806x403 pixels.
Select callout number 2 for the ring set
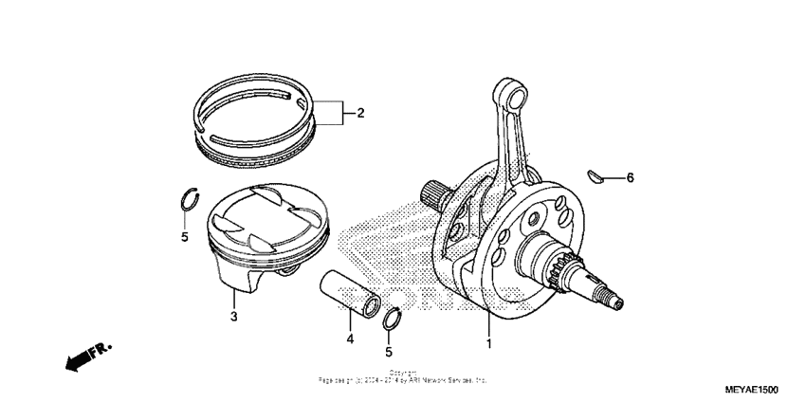[360, 113]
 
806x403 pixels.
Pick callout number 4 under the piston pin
[349, 338]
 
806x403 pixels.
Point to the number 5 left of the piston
[185, 236]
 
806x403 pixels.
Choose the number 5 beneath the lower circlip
[389, 352]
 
